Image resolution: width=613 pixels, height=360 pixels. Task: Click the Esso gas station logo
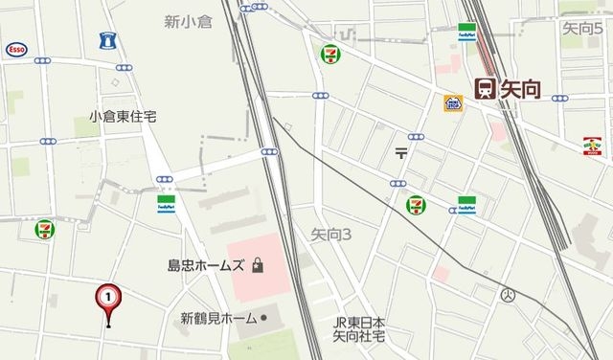pos(15,48)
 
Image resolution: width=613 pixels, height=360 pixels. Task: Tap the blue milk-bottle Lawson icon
pos(106,41)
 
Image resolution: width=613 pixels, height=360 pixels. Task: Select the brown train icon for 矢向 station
pos(485,88)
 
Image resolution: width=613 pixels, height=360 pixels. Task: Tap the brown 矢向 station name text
pos(520,89)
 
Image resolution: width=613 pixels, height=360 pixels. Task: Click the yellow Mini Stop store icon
pos(453,102)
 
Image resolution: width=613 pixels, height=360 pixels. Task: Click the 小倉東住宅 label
pos(123,117)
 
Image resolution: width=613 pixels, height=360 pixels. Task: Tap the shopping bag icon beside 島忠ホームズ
pos(258,267)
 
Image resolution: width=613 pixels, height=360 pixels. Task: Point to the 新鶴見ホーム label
pos(218,317)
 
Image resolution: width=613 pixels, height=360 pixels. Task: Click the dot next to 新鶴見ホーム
pos(265,317)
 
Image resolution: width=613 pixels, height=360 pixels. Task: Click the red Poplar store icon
pos(594,146)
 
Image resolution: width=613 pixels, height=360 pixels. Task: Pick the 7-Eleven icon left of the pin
pos(44,230)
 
